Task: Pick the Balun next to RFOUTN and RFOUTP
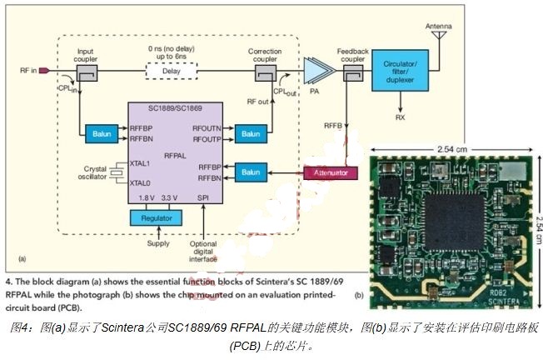tap(248, 133)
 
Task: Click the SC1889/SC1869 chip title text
tap(172, 110)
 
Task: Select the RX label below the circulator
tap(401, 117)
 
